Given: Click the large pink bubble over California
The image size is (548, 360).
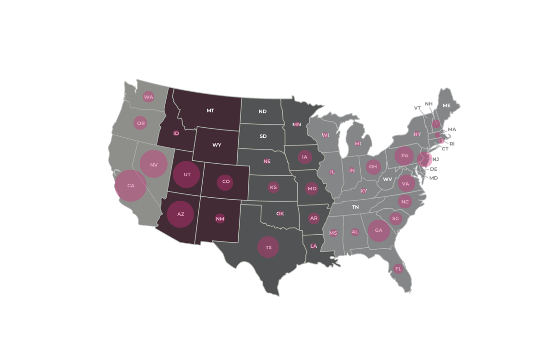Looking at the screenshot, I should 131,186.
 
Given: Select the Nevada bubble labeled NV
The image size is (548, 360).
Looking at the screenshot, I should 154,164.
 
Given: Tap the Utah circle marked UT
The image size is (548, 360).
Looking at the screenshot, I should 187,175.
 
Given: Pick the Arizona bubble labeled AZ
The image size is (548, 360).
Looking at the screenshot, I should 181,214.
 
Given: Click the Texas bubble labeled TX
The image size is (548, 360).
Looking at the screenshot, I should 268,247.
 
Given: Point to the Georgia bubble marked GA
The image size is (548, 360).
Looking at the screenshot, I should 378,230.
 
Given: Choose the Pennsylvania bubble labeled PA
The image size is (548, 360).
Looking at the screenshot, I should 404,156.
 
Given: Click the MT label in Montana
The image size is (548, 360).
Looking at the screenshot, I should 210,111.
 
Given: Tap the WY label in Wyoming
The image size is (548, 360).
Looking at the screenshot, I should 217,145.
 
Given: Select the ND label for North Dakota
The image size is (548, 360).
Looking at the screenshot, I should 263,111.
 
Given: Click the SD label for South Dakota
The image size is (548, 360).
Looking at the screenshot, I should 263,136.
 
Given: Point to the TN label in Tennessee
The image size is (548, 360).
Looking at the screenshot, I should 355,207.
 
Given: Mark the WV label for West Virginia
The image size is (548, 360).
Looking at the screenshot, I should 388,180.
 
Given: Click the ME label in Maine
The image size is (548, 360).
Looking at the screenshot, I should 447,105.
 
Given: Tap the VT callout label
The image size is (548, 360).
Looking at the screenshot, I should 417,108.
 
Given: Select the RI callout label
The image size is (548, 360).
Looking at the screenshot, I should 452,144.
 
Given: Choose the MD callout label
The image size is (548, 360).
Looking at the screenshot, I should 433,178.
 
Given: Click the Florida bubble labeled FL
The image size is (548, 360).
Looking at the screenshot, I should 398,269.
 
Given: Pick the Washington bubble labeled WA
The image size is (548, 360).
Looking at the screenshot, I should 148,97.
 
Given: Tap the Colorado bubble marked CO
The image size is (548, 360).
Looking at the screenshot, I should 226,182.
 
